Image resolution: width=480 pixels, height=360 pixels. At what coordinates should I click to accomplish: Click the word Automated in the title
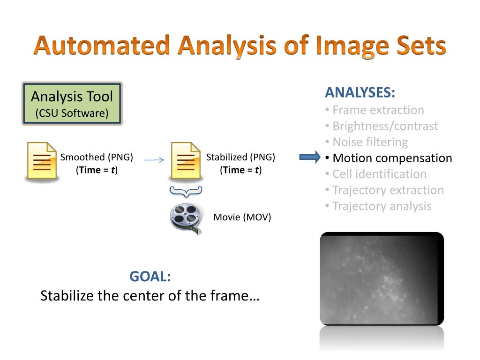(102, 46)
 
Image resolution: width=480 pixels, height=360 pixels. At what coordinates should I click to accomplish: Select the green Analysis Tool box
(72, 104)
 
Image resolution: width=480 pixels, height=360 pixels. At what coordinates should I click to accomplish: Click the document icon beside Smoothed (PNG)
(41, 161)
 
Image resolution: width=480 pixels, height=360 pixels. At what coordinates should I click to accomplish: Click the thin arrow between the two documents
(154, 160)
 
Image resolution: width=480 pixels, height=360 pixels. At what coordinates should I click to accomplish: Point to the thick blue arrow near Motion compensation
(310, 157)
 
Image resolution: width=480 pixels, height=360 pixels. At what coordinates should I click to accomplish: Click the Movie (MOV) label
(242, 217)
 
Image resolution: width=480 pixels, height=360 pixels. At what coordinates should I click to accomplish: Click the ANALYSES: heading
(360, 93)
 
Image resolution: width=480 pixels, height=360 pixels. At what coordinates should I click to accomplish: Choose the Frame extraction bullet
(378, 110)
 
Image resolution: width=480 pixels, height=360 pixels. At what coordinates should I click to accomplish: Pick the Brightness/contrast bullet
(385, 126)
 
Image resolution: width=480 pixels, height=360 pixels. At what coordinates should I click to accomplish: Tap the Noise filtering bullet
(370, 142)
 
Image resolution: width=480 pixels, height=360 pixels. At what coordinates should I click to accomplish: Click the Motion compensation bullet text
(392, 158)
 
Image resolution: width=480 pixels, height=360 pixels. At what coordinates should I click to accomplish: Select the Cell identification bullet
(379, 174)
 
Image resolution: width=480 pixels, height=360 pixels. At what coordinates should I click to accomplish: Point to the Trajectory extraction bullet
(388, 190)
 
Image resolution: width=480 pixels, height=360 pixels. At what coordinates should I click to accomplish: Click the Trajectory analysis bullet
(382, 206)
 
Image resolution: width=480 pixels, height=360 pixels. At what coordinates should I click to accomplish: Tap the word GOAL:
(150, 277)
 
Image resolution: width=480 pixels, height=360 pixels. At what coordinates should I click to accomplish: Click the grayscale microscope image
(382, 278)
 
